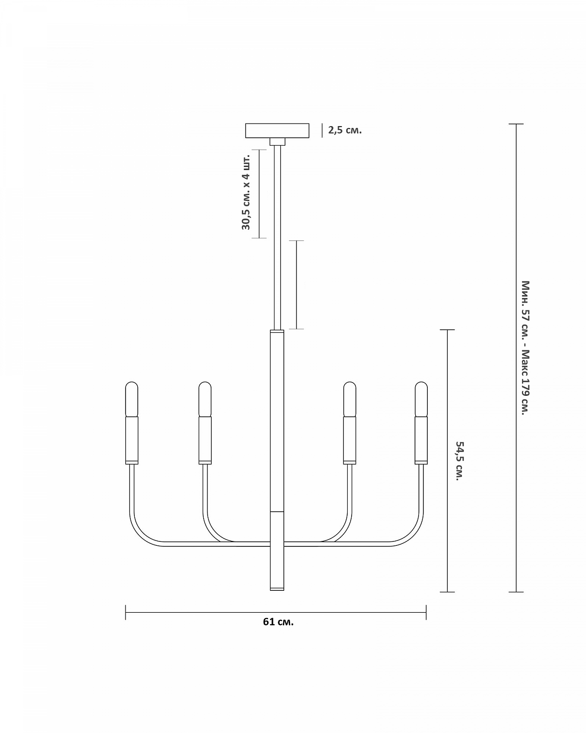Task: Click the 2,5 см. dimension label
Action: (x=345, y=130)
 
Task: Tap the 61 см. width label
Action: (x=278, y=622)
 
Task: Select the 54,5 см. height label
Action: (x=460, y=461)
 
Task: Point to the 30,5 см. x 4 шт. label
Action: (x=246, y=192)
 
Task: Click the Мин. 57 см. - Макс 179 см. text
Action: (x=525, y=348)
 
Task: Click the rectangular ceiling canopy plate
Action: (x=277, y=131)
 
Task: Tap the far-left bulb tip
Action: (x=132, y=382)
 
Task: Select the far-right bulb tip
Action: (x=421, y=382)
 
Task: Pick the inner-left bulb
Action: (x=205, y=399)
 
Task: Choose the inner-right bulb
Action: (x=350, y=399)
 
